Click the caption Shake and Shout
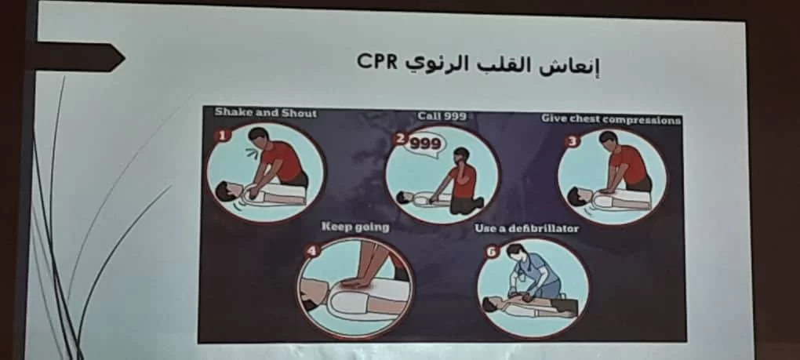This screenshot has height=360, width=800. [265, 113]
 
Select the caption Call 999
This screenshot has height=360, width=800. [442, 116]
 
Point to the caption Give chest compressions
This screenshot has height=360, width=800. [611, 120]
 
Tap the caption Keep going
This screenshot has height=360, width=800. [355, 227]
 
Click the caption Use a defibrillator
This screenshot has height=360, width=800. [526, 228]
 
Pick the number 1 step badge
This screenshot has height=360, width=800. [223, 135]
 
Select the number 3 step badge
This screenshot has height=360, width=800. [573, 140]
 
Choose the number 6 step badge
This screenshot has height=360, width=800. [492, 252]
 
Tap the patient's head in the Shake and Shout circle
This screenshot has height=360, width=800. [226, 191]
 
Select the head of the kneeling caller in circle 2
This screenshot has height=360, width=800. [460, 155]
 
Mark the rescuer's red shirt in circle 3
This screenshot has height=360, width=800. [630, 163]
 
